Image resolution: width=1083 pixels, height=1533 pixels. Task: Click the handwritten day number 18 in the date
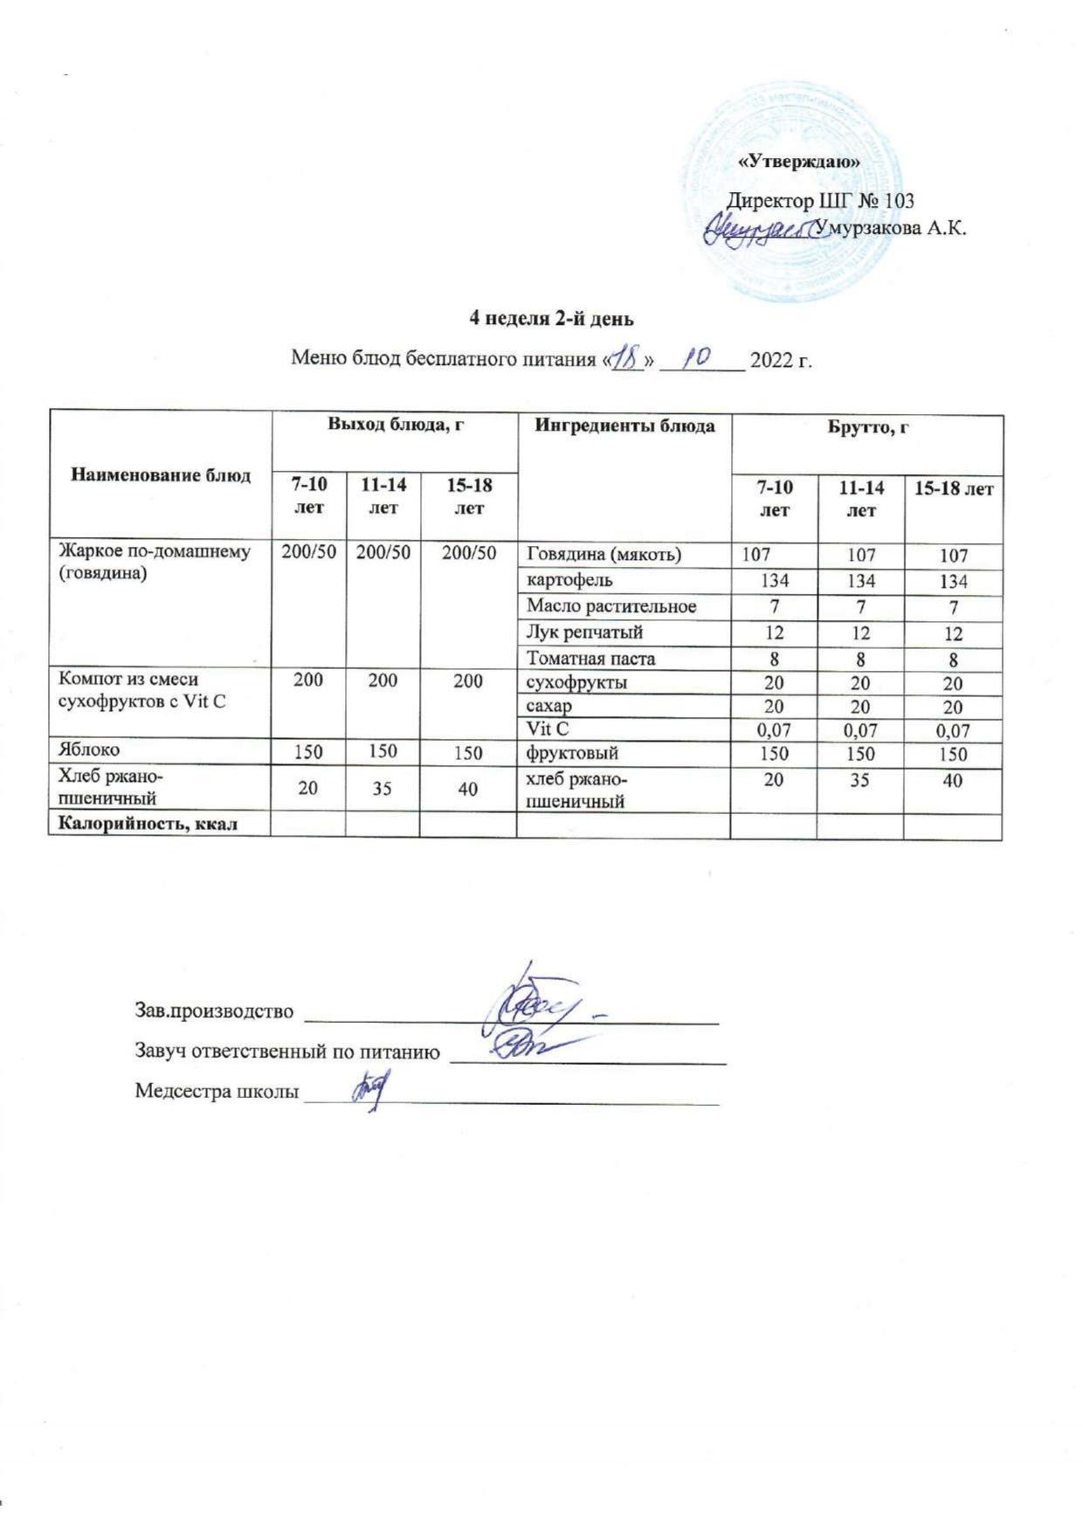[x=626, y=357]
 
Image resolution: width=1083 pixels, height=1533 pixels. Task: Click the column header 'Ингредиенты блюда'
[x=624, y=425]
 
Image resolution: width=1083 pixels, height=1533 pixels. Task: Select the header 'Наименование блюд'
[x=161, y=475]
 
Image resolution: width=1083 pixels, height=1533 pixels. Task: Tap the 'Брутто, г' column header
[x=866, y=429]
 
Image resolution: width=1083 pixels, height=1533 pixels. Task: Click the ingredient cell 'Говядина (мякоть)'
[x=604, y=554]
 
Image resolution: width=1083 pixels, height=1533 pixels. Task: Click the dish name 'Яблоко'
[x=89, y=749]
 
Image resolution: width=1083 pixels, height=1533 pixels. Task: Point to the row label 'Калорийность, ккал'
[x=148, y=823]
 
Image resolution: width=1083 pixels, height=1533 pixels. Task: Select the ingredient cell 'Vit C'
[x=548, y=729]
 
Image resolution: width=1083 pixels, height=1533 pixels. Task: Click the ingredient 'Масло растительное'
[x=610, y=605]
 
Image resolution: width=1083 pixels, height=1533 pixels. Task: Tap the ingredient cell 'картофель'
[x=569, y=579]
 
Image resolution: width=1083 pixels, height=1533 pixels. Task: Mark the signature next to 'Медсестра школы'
[x=368, y=1089]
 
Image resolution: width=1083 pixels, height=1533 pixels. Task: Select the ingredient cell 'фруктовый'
[x=571, y=752]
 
